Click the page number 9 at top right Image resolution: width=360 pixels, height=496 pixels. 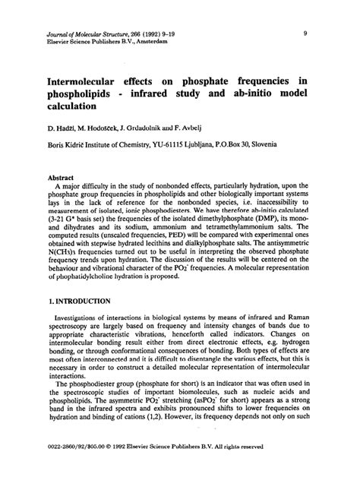305,33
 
